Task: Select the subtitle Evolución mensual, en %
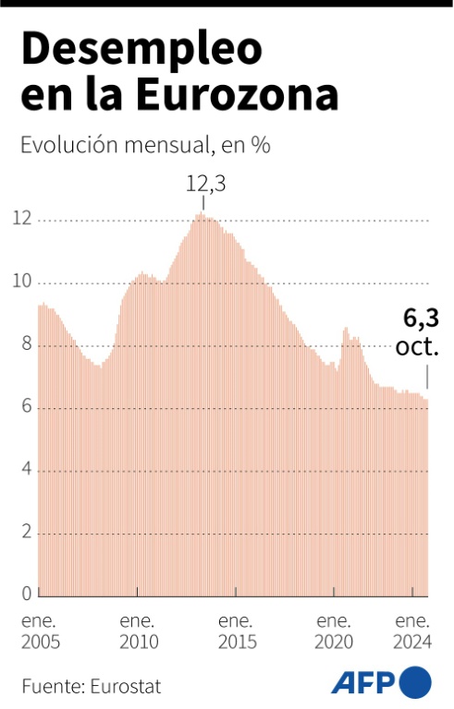point(145,145)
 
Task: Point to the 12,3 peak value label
point(205,184)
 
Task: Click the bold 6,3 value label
point(421,318)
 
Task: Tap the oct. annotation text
point(417,347)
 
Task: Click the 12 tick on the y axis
point(22,219)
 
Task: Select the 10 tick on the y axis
point(22,282)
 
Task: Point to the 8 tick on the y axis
point(27,344)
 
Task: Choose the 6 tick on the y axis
point(27,407)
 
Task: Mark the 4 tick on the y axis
point(27,470)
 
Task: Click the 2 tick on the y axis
point(27,532)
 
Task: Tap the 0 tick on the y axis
point(27,594)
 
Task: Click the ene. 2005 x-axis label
point(41,631)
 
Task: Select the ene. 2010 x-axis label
point(139,631)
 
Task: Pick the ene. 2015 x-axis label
point(238,631)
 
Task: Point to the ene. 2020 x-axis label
point(334,631)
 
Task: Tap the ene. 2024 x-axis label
point(412,631)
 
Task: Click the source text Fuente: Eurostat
point(91,687)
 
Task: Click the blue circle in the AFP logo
point(414,682)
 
